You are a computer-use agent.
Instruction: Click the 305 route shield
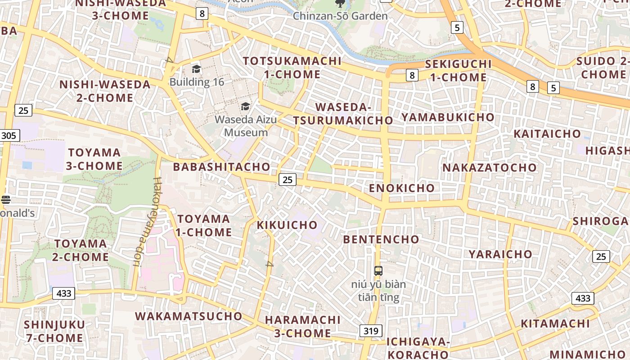point(9,135)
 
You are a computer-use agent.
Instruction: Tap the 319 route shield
point(371,331)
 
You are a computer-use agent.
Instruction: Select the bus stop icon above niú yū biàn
point(378,271)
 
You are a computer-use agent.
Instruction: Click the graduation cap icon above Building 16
point(196,69)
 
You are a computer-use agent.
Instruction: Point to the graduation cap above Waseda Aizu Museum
point(245,106)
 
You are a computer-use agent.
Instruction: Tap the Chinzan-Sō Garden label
point(340,16)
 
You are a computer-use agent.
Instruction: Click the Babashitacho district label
point(222,167)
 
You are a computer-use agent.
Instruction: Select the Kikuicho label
point(287,225)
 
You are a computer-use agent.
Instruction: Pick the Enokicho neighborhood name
point(402,188)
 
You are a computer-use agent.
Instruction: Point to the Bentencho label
point(381,239)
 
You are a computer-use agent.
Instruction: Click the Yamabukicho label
point(448,117)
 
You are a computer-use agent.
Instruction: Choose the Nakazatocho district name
point(490,168)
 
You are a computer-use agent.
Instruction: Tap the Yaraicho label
point(500,254)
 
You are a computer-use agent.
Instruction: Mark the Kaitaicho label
point(547,134)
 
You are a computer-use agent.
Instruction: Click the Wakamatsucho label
point(189,316)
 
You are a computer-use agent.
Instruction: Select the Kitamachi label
point(555,324)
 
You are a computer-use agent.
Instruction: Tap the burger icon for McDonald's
point(6,199)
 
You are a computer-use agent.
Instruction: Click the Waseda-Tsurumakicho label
point(343,114)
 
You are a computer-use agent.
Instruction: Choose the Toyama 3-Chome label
point(94,159)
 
